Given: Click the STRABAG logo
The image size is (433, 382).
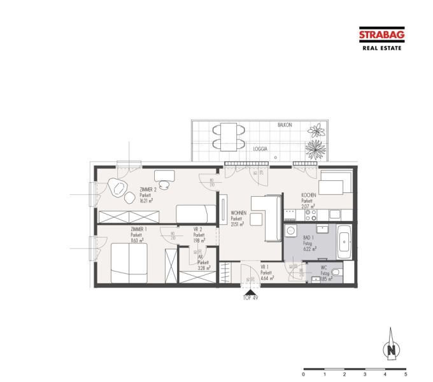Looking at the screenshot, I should [381, 37].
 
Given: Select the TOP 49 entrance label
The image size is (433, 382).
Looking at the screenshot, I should [250, 297].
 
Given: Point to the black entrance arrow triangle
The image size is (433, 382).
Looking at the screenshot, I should [250, 290].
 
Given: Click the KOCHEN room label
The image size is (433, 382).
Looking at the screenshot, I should [309, 195].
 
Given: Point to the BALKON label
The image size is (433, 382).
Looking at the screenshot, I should [285, 125].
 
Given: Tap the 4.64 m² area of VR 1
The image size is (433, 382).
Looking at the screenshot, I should [267, 278].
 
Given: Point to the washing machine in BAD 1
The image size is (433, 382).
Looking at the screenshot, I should [291, 232].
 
